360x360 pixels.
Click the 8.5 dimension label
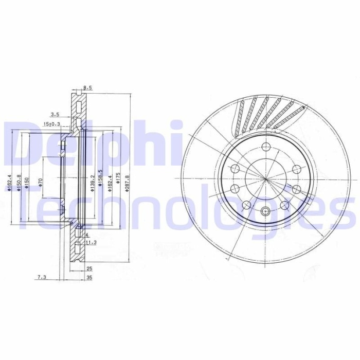pyautogui.click(x=87, y=88)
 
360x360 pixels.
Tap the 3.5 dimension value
pyautogui.click(x=55, y=114)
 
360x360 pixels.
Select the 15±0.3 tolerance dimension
pyautogui.click(x=51, y=124)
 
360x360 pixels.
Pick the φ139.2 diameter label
pyautogui.click(x=92, y=182)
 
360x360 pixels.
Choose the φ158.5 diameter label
pyautogui.click(x=100, y=178)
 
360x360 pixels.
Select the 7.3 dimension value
pyautogui.click(x=41, y=277)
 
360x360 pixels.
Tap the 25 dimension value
pyautogui.click(x=88, y=268)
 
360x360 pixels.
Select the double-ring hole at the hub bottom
pyautogui.click(x=265, y=210)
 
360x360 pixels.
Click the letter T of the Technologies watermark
pyautogui.click(x=28, y=206)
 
